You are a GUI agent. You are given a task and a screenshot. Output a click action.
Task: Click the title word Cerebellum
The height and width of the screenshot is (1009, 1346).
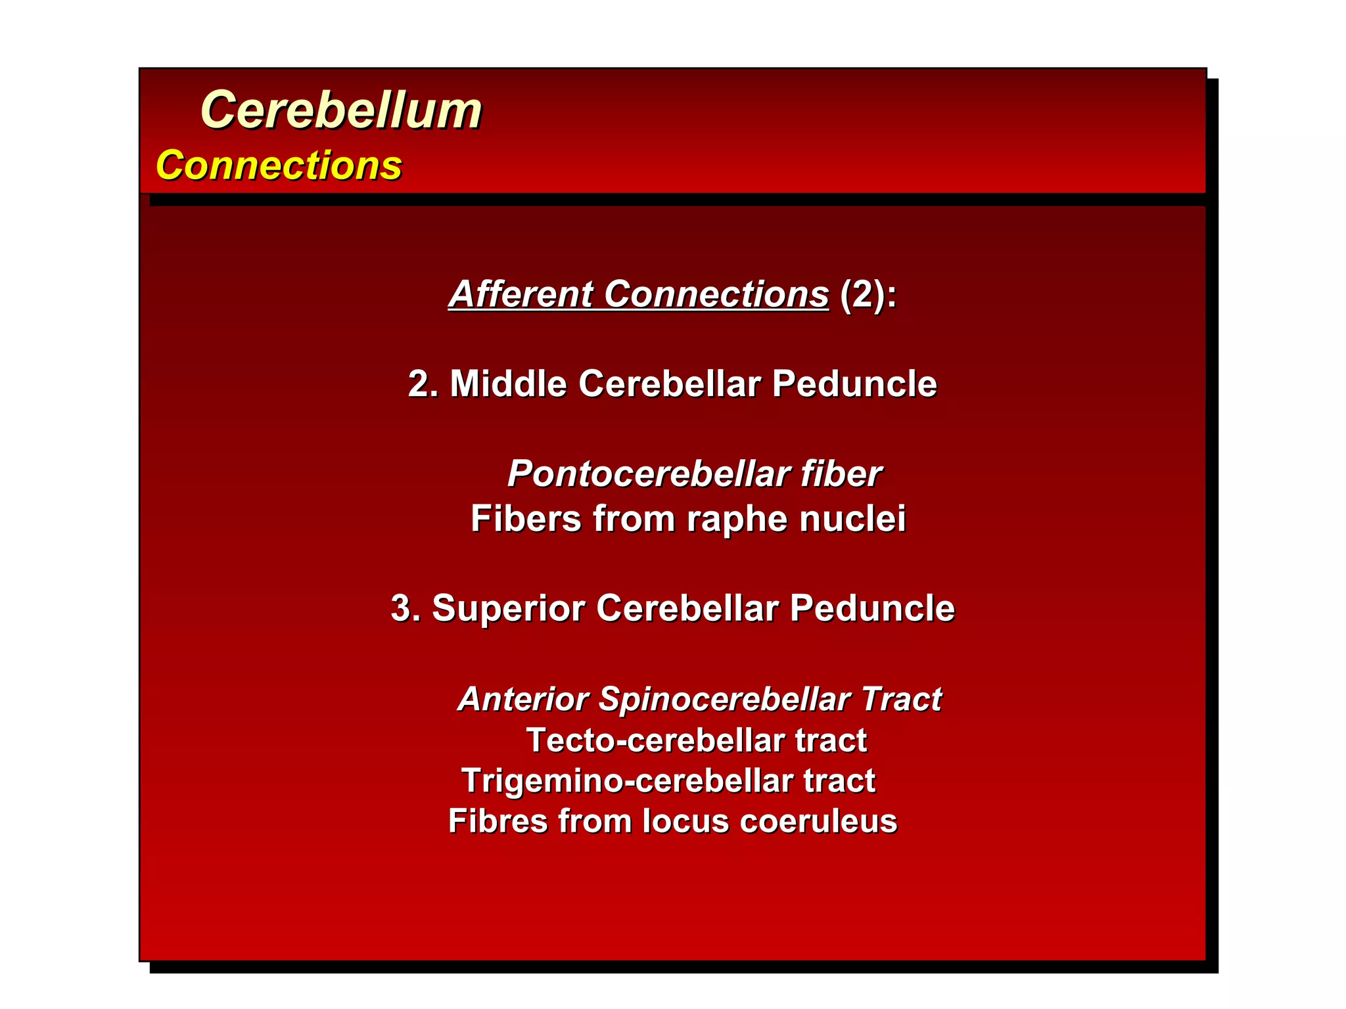pyautogui.click(x=340, y=110)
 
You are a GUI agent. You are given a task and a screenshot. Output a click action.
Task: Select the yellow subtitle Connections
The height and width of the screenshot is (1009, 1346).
pyautogui.click(x=279, y=165)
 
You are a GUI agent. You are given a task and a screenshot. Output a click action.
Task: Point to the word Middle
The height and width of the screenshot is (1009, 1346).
pyautogui.click(x=507, y=384)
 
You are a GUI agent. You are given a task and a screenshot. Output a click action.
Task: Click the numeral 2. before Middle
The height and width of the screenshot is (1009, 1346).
pyautogui.click(x=423, y=384)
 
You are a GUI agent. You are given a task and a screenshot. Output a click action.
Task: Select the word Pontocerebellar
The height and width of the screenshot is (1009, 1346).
pyautogui.click(x=647, y=474)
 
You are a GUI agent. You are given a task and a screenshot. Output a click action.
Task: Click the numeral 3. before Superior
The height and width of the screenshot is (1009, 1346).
pyautogui.click(x=405, y=608)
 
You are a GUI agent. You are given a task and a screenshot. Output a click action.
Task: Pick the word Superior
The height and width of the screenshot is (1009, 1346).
pyautogui.click(x=507, y=608)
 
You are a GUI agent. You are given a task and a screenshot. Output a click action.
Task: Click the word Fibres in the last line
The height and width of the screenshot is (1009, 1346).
pyautogui.click(x=498, y=821)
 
